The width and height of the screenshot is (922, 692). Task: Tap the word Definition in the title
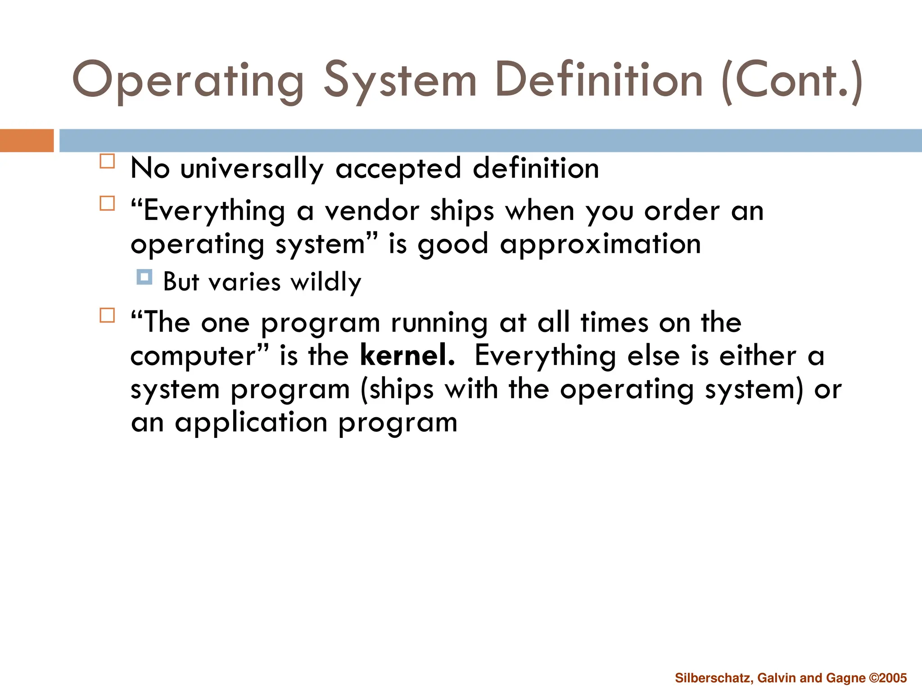(598, 80)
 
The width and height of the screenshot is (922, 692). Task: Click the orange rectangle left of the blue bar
(27, 141)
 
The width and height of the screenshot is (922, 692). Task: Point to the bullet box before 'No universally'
(107, 161)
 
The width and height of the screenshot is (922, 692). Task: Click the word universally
(252, 168)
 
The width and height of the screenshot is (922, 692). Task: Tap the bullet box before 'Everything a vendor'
(107, 203)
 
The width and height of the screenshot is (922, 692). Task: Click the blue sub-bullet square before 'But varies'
(144, 277)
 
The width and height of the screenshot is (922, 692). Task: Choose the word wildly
(325, 282)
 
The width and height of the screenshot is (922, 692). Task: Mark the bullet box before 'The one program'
(107, 315)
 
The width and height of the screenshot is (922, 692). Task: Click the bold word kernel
(407, 355)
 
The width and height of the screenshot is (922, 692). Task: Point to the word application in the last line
(251, 423)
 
